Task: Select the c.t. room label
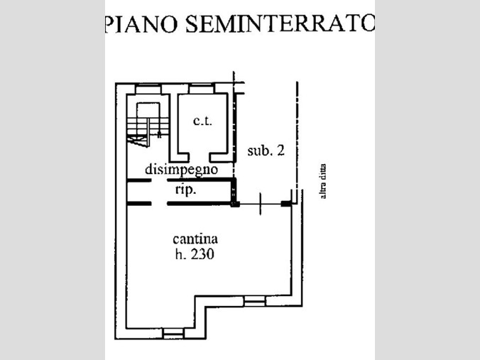(202, 121)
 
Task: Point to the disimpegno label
(180, 170)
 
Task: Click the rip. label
(185, 190)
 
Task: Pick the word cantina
(195, 239)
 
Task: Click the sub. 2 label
(266, 151)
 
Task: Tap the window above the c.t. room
(202, 88)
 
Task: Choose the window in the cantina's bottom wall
(173, 332)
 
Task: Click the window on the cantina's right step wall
(253, 302)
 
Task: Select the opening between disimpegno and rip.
(159, 181)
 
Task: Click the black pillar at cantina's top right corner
(286, 204)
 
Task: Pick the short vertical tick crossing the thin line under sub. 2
(261, 204)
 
